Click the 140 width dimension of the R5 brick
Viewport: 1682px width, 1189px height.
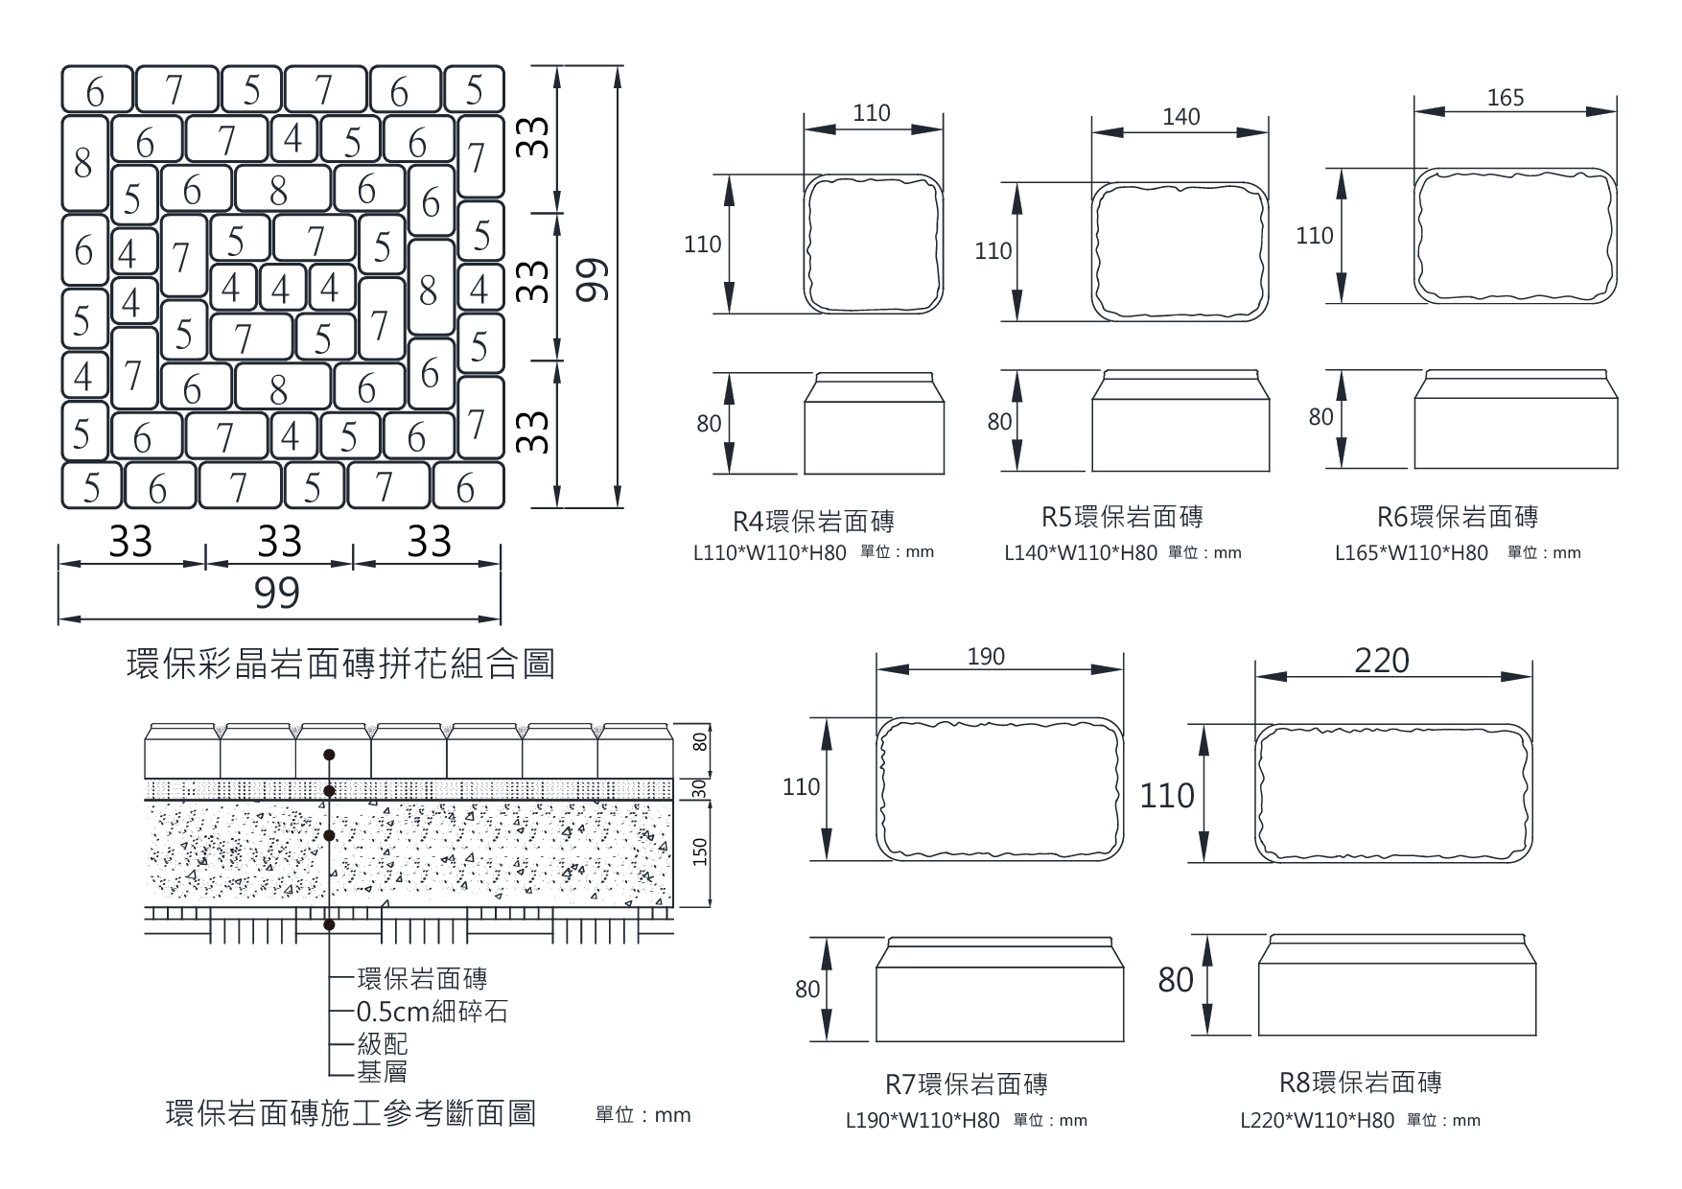(1180, 117)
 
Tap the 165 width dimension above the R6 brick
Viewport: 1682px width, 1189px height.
(1505, 98)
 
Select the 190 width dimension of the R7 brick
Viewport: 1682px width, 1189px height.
(986, 657)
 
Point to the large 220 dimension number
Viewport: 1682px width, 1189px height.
(1382, 661)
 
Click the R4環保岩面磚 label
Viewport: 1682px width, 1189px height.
(813, 522)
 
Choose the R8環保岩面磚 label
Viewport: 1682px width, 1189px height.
(1360, 1083)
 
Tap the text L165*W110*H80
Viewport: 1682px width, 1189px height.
(1411, 553)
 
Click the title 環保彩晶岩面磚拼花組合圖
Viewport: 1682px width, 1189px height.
(340, 664)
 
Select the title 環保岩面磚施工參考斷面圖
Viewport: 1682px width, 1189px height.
(351, 1113)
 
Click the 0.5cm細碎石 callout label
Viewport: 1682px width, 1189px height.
(432, 1012)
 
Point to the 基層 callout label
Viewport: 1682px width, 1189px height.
(382, 1071)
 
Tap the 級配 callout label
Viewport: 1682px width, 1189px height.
(382, 1042)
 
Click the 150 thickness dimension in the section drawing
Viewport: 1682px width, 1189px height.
(699, 852)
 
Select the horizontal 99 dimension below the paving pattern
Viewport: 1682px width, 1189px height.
(277, 594)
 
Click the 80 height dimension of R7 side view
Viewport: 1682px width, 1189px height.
(807, 989)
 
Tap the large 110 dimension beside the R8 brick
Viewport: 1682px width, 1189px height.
(1167, 795)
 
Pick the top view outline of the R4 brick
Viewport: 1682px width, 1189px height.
(873, 244)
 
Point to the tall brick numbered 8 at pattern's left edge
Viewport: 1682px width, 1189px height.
(84, 163)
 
